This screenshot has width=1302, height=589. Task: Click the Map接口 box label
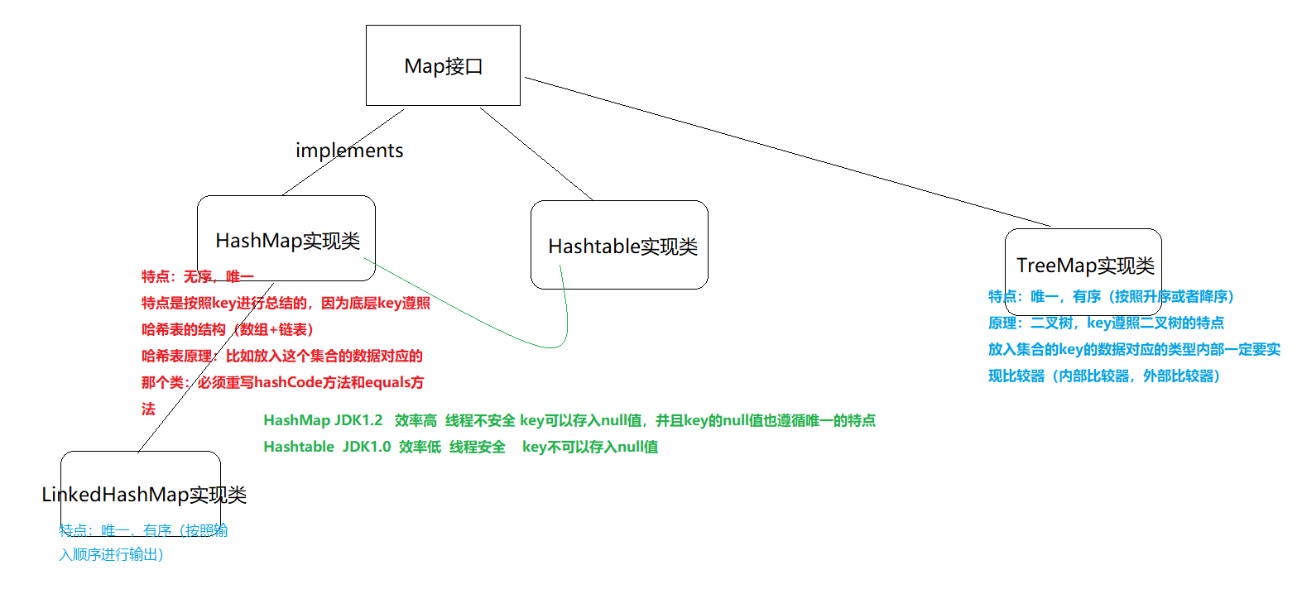tap(443, 66)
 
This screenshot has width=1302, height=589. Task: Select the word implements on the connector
tap(349, 151)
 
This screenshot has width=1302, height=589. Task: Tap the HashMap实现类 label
tap(287, 241)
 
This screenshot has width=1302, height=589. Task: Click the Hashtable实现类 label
tap(622, 247)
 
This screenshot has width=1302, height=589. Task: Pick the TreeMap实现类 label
tap(1085, 266)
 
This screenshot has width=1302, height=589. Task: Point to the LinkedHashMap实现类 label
tap(144, 495)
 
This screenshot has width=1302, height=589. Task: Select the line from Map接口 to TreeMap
tap(786, 152)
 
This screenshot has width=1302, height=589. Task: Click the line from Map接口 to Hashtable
tap(536, 154)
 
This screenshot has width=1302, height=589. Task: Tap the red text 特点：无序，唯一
tap(197, 276)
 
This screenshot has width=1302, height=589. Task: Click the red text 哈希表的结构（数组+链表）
tap(228, 329)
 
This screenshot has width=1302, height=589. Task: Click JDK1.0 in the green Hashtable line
tap(367, 447)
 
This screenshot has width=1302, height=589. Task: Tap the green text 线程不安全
tap(480, 420)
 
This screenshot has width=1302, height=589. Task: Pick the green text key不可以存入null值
tap(590, 447)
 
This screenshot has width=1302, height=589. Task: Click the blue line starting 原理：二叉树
tap(1106, 323)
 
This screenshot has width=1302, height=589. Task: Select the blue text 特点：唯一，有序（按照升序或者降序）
tap(1111, 296)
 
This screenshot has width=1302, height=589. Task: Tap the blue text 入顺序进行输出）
tap(111, 554)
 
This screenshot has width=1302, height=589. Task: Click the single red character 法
tap(148, 409)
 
